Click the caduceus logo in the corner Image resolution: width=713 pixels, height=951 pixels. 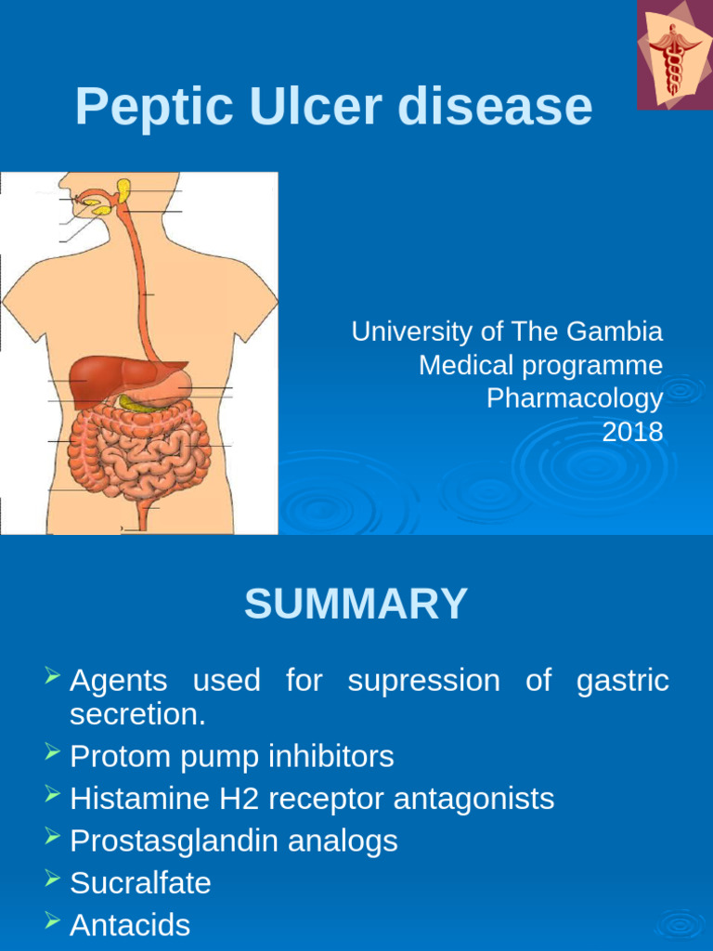[674, 55]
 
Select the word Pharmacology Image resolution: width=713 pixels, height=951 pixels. [575, 398]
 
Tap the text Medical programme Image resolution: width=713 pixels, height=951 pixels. [540, 365]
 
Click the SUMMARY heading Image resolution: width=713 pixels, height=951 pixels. [356, 605]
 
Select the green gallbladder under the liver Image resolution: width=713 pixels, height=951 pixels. [135, 404]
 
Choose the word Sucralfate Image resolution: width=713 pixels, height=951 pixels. [140, 883]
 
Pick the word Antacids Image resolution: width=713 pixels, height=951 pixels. [130, 925]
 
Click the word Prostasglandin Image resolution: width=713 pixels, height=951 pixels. [174, 841]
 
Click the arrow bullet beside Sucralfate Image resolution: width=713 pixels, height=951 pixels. [53, 879]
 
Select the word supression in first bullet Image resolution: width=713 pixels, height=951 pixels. [422, 681]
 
